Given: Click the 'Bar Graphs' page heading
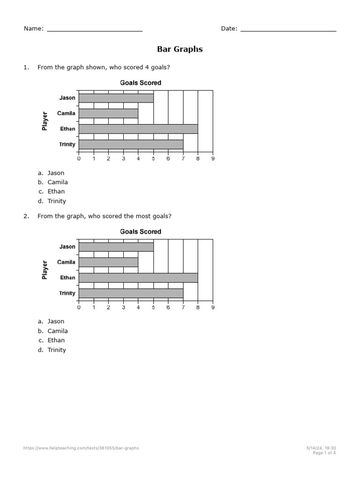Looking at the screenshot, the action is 180,49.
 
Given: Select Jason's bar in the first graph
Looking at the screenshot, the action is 116,98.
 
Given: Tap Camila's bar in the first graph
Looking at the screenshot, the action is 108,113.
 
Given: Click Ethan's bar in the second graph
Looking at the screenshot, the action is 138,277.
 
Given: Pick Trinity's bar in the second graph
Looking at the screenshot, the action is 131,293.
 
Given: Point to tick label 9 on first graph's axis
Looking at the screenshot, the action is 213,159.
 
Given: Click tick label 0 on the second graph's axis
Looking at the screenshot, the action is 79,307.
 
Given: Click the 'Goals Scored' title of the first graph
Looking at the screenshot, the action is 141,83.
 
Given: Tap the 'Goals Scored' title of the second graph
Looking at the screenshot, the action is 141,232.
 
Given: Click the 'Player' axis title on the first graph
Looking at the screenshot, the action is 45,121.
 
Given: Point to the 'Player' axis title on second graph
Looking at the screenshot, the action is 45,270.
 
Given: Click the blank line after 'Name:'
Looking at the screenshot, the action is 95,29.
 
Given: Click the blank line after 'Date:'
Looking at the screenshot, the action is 288,29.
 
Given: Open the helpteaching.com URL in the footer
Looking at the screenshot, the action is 81,448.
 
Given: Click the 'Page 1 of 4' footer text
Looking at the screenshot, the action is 324,453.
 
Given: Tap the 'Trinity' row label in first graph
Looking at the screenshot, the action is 67,144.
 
